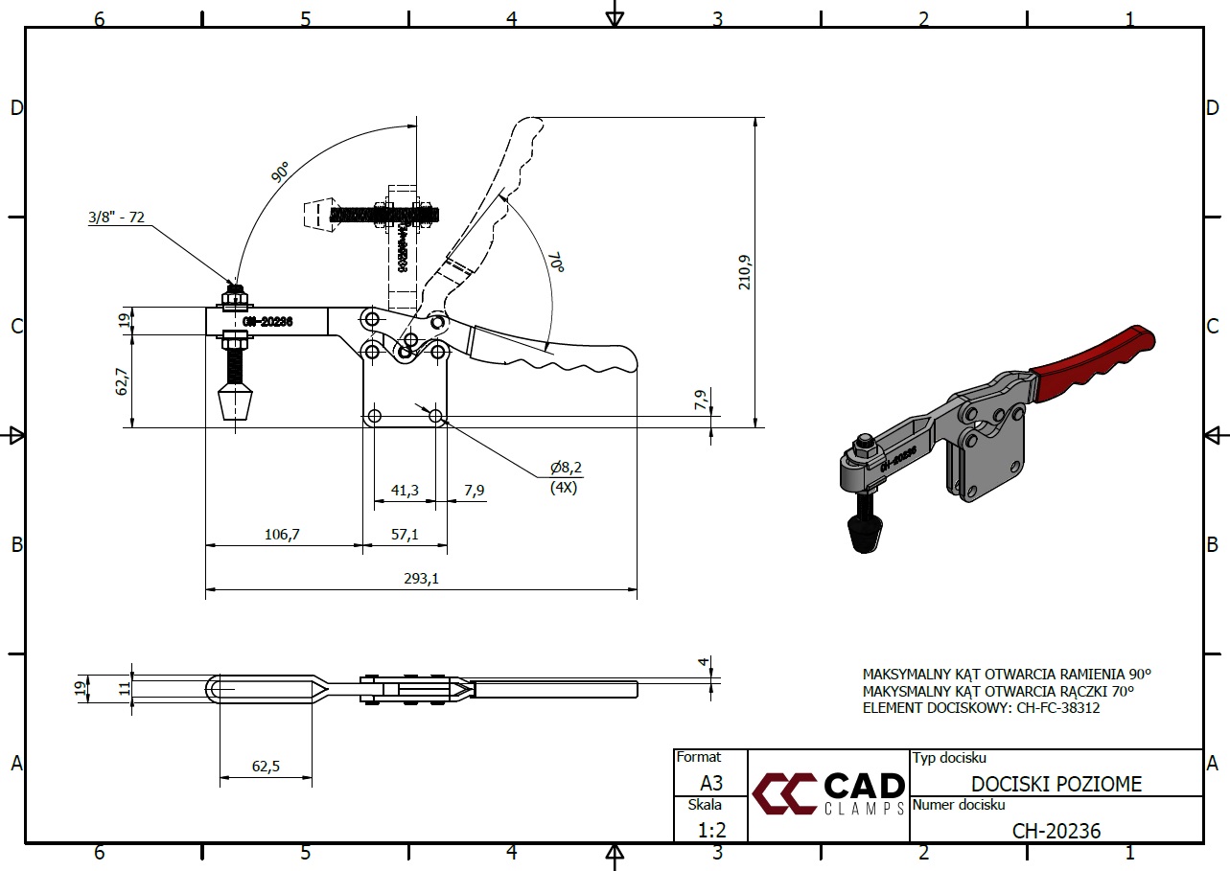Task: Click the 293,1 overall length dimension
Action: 422,578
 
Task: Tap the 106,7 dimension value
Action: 283,535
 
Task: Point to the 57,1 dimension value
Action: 405,535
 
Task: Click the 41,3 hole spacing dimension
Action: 405,490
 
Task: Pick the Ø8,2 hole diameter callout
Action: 566,468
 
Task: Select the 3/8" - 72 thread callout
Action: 116,218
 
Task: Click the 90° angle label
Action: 280,172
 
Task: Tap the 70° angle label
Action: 555,261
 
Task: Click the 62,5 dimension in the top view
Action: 266,766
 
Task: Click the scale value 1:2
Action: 710,830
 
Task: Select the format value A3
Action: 710,783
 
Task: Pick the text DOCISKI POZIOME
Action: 1056,784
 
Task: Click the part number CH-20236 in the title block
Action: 1056,830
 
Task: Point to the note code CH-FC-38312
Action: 1055,708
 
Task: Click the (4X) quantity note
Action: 564,487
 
